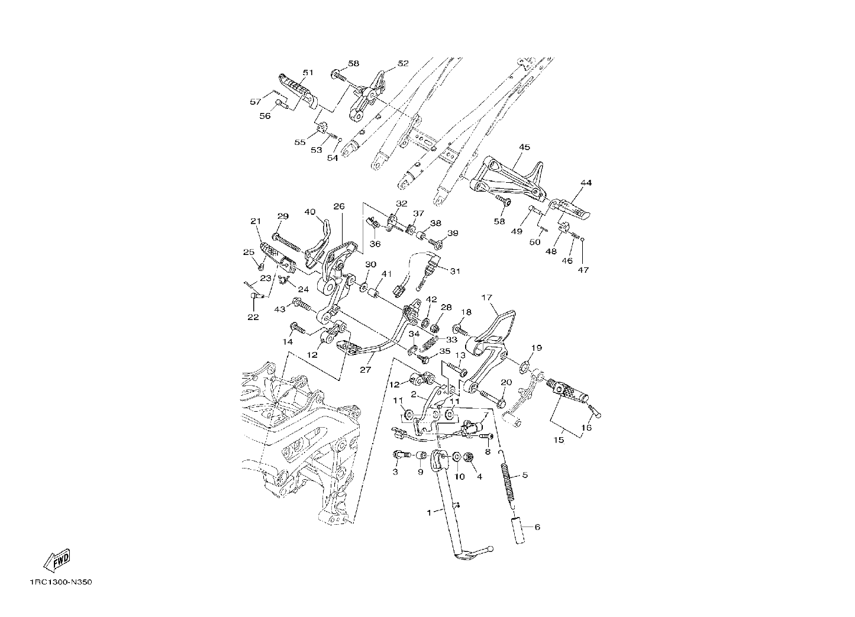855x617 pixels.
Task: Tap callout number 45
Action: click(x=524, y=147)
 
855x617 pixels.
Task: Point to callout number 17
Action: click(x=486, y=297)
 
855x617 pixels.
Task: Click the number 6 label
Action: click(x=537, y=527)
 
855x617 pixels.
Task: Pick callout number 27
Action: click(x=365, y=370)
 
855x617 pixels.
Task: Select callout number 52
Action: click(x=403, y=63)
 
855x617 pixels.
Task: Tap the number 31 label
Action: click(x=455, y=272)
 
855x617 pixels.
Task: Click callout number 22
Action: click(x=253, y=317)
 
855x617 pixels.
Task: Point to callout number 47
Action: click(x=583, y=270)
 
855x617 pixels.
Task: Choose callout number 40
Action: click(x=310, y=212)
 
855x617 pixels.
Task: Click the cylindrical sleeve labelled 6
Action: click(x=519, y=529)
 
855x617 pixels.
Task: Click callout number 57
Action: click(x=256, y=102)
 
